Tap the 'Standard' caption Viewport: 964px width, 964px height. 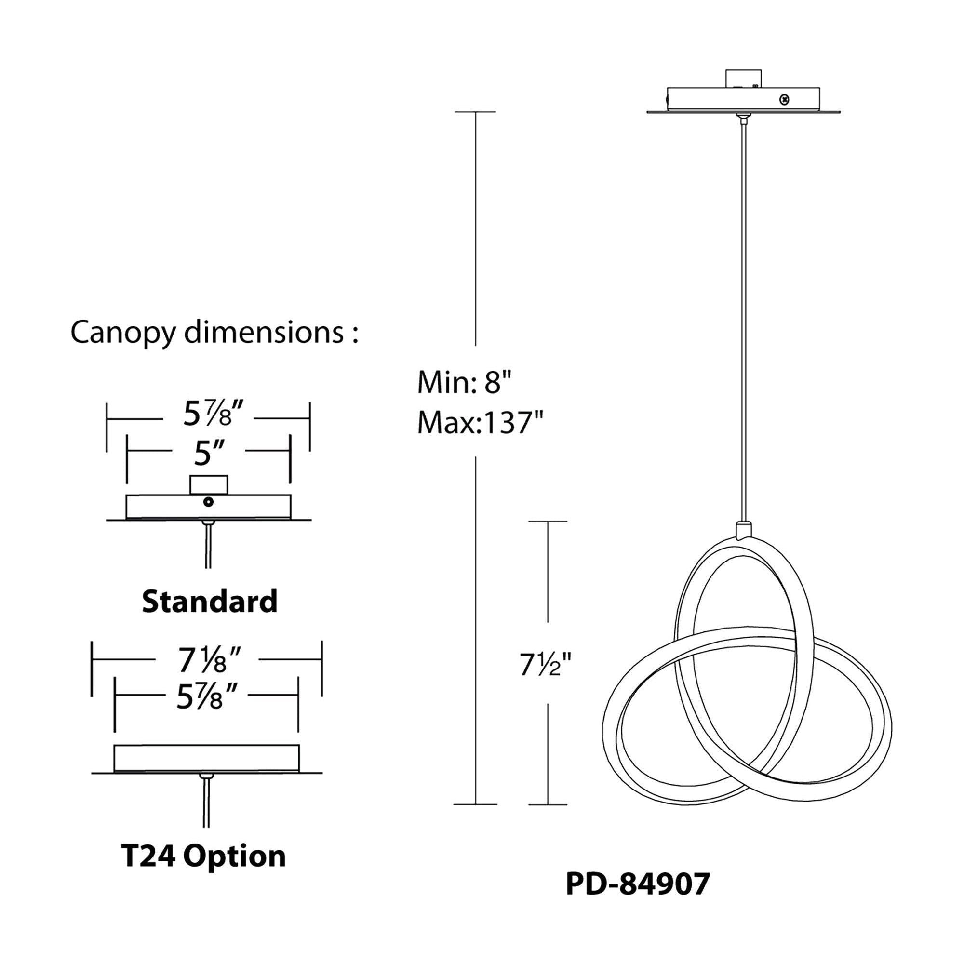[210, 601]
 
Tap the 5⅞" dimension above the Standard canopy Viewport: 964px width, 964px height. [214, 414]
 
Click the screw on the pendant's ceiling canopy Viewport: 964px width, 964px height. [785, 99]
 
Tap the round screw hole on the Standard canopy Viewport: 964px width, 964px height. [209, 502]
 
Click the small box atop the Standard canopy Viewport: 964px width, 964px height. [209, 484]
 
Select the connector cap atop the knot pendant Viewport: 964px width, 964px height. [743, 529]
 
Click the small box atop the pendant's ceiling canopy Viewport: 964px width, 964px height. [743, 79]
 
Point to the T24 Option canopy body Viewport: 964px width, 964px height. [207, 758]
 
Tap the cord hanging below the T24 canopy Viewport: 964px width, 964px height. [206, 803]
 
